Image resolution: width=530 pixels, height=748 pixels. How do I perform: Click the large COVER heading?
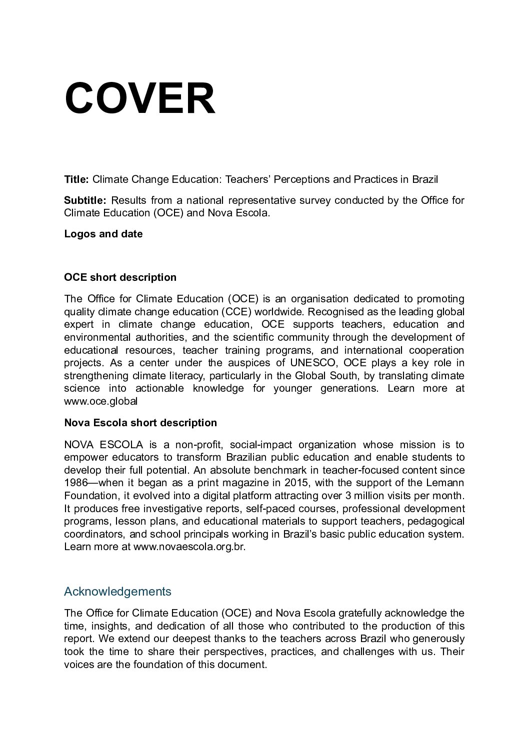point(140,98)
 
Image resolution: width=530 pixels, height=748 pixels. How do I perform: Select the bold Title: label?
point(76,179)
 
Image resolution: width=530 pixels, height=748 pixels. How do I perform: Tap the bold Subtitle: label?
point(85,201)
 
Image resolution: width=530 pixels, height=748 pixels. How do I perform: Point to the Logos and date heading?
point(103,234)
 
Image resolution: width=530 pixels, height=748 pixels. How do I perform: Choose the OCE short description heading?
point(120,277)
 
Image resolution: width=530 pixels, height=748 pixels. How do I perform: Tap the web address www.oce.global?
point(101,401)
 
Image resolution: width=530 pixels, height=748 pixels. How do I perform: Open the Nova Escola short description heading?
point(140,423)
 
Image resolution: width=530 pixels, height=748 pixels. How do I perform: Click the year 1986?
point(76,483)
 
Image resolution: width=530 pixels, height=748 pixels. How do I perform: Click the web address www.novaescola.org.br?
point(189,547)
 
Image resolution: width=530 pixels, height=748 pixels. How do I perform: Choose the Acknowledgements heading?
point(117,592)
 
